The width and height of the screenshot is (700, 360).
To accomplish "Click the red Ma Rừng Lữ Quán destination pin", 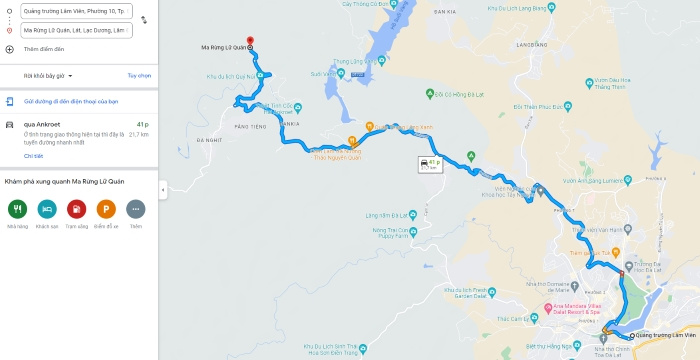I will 249,42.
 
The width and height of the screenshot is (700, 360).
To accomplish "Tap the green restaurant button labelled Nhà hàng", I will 17,209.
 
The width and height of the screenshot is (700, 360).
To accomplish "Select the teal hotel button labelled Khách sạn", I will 47,209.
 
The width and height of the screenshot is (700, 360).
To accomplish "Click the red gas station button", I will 76,209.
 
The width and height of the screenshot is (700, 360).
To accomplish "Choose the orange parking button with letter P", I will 106,209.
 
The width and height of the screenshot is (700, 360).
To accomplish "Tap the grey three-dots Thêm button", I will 136,209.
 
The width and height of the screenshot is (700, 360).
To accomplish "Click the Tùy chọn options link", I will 139,75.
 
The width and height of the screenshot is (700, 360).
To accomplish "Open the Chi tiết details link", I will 33,155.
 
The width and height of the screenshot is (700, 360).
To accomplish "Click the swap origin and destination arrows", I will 144,20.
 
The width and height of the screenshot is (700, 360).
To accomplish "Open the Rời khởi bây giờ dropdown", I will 48,75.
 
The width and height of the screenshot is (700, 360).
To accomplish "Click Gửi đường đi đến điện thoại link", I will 70,101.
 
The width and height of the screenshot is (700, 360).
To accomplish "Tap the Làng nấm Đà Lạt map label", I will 385,215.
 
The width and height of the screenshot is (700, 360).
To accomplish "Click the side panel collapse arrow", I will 163,189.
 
